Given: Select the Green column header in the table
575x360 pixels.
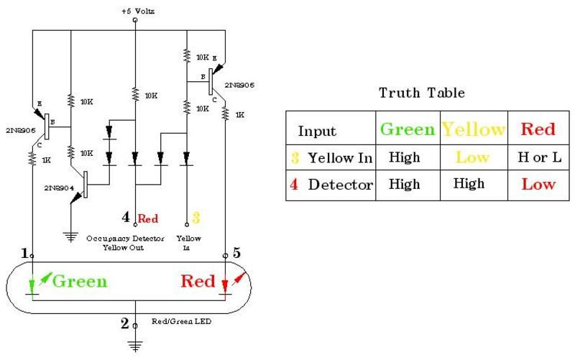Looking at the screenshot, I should point(407,129).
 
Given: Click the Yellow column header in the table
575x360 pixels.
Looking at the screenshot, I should point(474,129).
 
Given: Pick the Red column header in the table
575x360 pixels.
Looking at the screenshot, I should point(538,129).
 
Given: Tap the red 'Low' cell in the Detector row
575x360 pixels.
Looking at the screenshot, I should point(538,185).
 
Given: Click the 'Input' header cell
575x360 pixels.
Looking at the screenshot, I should point(316,131).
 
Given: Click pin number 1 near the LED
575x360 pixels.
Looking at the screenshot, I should point(25,253).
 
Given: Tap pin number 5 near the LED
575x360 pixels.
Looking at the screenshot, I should point(236,253).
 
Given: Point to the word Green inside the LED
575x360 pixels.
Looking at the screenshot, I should point(79,281).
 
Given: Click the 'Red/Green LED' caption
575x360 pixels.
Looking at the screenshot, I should point(181,321).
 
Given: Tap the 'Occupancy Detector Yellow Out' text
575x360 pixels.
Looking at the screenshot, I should point(125,242).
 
